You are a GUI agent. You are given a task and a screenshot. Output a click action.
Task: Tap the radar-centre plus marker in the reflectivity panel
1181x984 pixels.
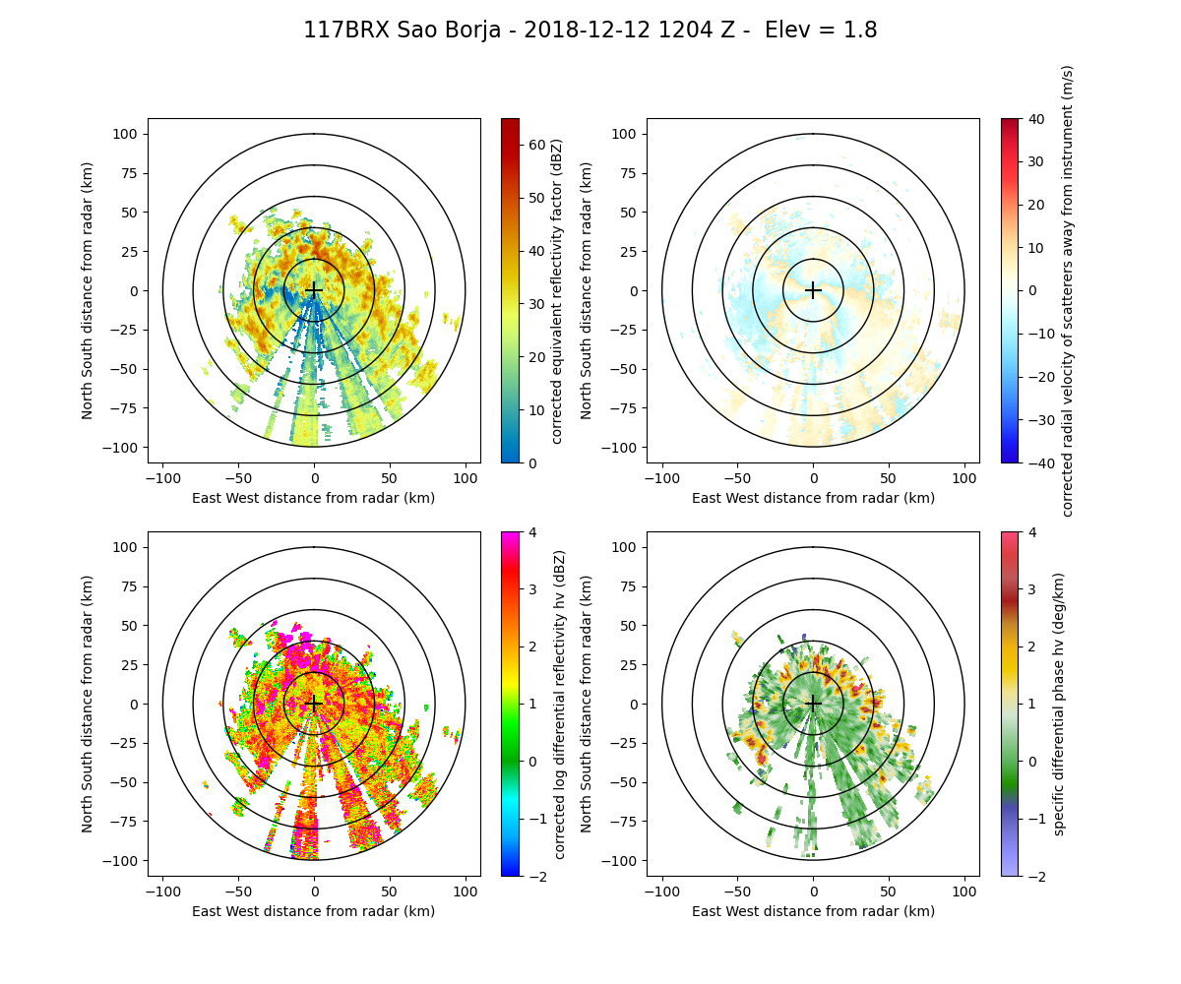(x=314, y=290)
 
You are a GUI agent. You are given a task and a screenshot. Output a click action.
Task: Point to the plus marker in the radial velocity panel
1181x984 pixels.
(x=813, y=290)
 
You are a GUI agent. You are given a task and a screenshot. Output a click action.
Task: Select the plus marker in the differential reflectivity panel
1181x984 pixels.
(x=314, y=704)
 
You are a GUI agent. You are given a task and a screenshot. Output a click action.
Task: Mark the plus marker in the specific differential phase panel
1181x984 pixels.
(x=813, y=704)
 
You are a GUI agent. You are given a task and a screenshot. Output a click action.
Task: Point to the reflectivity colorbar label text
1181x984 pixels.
(x=557, y=290)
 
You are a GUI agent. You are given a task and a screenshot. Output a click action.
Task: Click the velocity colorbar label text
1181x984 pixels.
(x=1068, y=290)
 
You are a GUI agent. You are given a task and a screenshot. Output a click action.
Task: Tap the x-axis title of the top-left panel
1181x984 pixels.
(x=314, y=498)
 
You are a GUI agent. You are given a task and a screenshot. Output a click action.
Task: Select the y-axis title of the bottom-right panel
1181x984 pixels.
(x=587, y=704)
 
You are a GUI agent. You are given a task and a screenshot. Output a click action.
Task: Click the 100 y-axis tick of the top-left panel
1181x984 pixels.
(x=129, y=134)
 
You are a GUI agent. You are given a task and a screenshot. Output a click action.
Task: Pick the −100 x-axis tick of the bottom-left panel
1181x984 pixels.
(x=163, y=892)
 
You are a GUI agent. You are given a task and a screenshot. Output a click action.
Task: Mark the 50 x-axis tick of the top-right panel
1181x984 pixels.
(x=889, y=478)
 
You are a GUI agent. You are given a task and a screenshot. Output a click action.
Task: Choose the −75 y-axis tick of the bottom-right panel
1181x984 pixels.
(x=625, y=822)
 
